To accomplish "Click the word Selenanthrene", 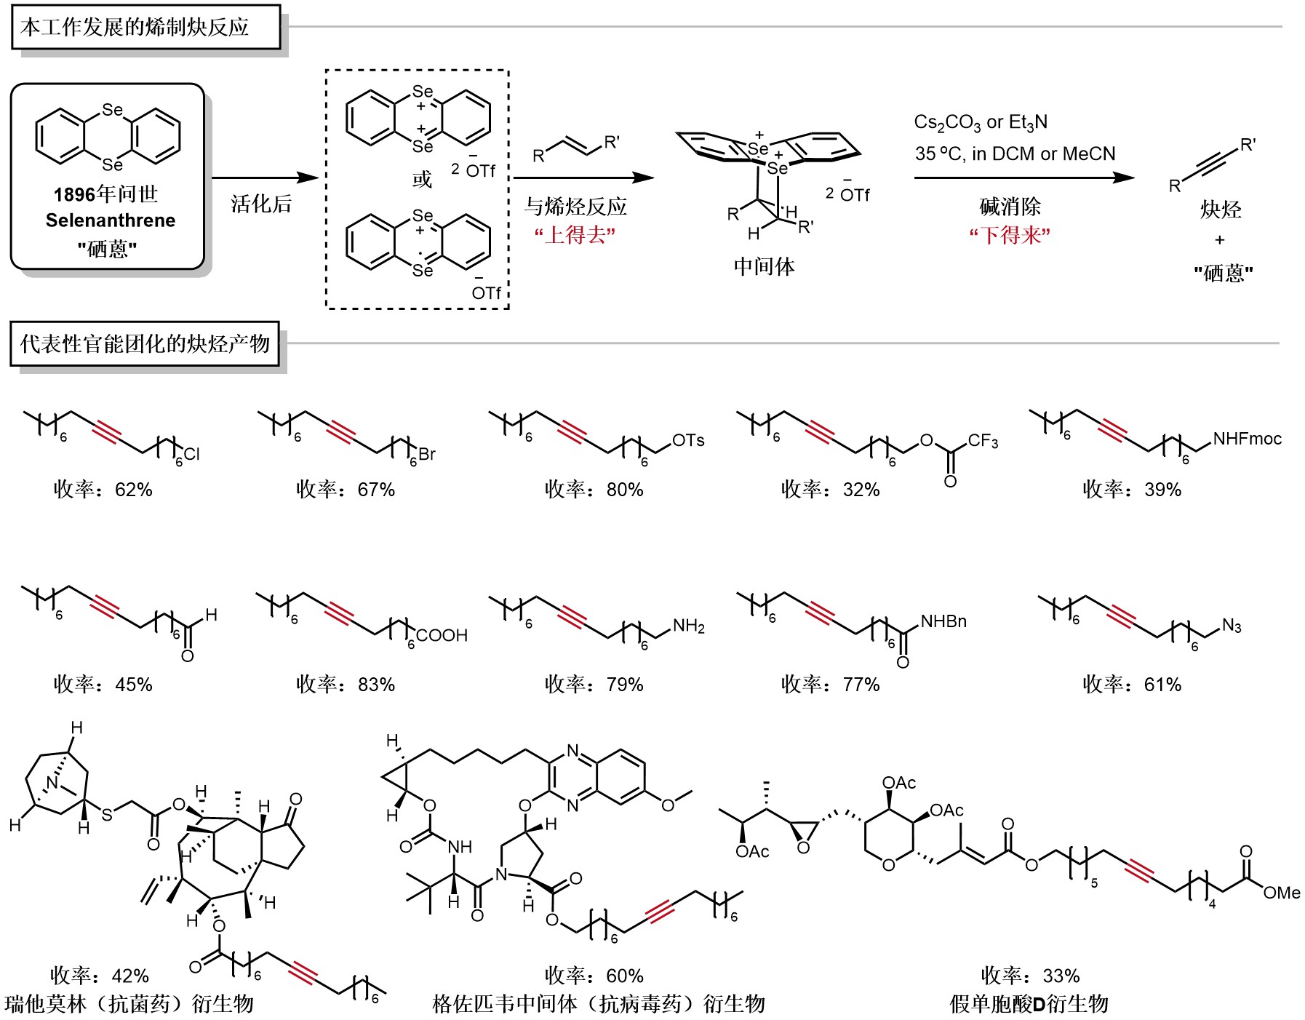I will click(111, 220).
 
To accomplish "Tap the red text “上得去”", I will click(575, 235).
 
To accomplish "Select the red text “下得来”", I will click(1010, 235).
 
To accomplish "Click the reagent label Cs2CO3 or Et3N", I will click(981, 122).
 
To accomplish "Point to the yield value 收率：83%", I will click(346, 685).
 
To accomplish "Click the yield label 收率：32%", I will click(831, 490).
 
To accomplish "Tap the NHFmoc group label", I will click(1247, 439).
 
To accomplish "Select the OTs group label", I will click(688, 440).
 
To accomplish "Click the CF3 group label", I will click(983, 442).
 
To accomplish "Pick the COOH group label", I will click(442, 635).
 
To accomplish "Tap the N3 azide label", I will click(1232, 626).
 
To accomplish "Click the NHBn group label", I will click(943, 621).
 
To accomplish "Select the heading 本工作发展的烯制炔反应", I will click(135, 28).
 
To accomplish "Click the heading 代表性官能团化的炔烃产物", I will click(145, 343).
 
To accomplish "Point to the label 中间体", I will click(764, 266).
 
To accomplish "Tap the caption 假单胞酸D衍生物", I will click(1029, 1004).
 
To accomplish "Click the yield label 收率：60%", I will click(594, 976).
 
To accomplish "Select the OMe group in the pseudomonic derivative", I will click(1281, 893).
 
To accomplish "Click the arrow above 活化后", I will click(265, 178).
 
